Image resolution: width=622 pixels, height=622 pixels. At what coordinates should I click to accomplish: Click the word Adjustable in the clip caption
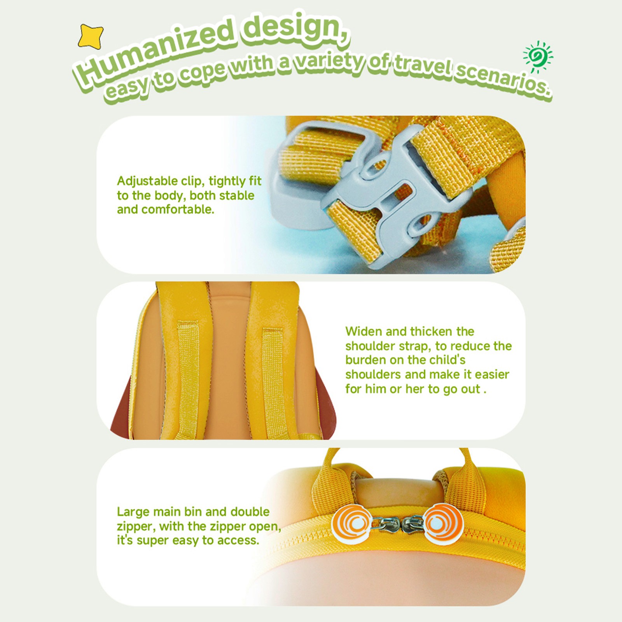coord(147,182)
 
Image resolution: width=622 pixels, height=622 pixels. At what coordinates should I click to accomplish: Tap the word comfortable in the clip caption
coord(178,210)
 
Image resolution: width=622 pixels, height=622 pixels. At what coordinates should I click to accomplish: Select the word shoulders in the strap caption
coord(373,374)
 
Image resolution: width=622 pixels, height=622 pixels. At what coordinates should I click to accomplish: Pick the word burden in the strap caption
coord(365,360)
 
